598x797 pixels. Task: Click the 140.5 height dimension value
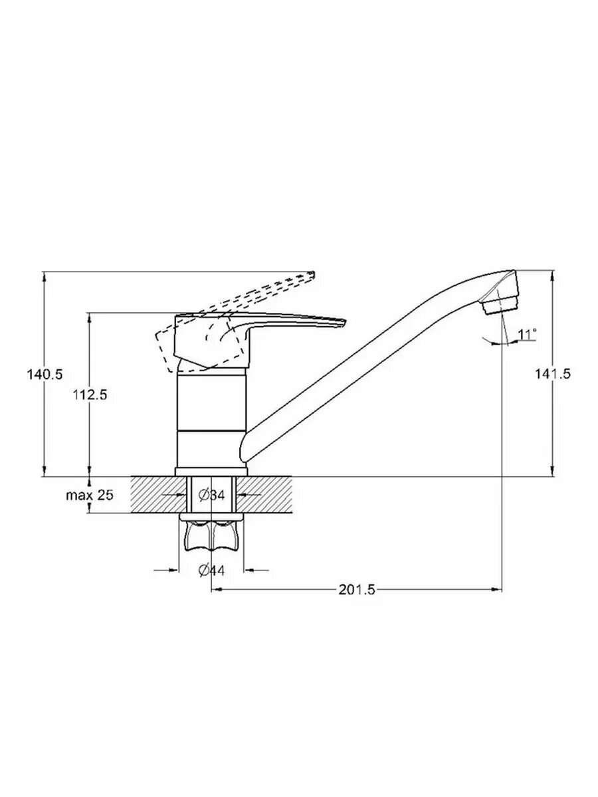pos(45,374)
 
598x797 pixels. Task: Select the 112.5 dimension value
pos(90,395)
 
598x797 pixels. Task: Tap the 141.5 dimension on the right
pos(553,373)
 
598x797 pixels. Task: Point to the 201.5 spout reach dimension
pos(357,590)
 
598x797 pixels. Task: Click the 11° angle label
pos(527,334)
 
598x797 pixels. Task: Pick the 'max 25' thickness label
pos(90,495)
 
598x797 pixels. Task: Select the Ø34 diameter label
pos(212,495)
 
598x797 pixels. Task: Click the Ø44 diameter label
pos(212,571)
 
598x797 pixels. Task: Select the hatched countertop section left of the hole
pos(158,495)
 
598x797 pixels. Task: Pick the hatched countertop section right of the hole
pos(265,495)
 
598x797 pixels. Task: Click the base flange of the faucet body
pos(211,472)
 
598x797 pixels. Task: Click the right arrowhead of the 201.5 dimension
pos(497,590)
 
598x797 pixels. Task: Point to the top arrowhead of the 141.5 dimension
pos(553,276)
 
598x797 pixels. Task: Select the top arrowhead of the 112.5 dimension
pos(89,317)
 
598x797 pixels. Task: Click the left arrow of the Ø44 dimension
pos(166,571)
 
